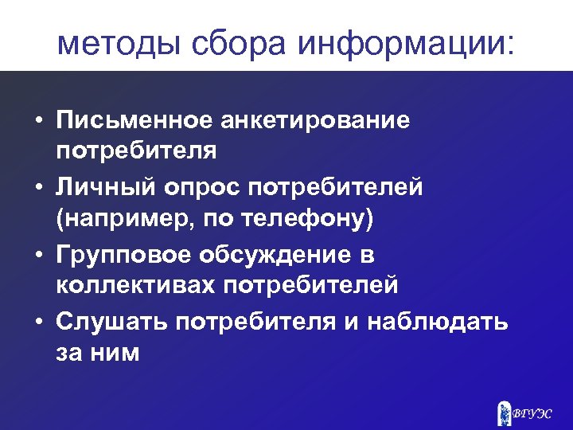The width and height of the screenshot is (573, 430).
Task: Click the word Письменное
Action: coord(133,121)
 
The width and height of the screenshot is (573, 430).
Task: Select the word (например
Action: coord(119,221)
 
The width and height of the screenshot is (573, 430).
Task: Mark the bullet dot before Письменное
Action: coord(37,122)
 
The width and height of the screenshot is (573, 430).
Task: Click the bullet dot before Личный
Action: coord(37,189)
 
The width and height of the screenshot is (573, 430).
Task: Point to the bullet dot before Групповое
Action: coord(37,256)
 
